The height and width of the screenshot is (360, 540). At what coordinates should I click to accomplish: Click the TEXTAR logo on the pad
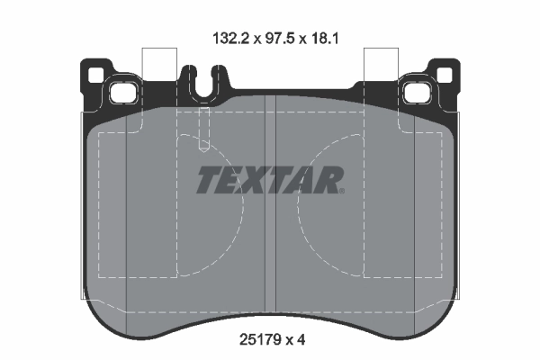[269, 180]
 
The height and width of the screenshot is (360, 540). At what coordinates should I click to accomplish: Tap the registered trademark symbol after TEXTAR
[341, 190]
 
